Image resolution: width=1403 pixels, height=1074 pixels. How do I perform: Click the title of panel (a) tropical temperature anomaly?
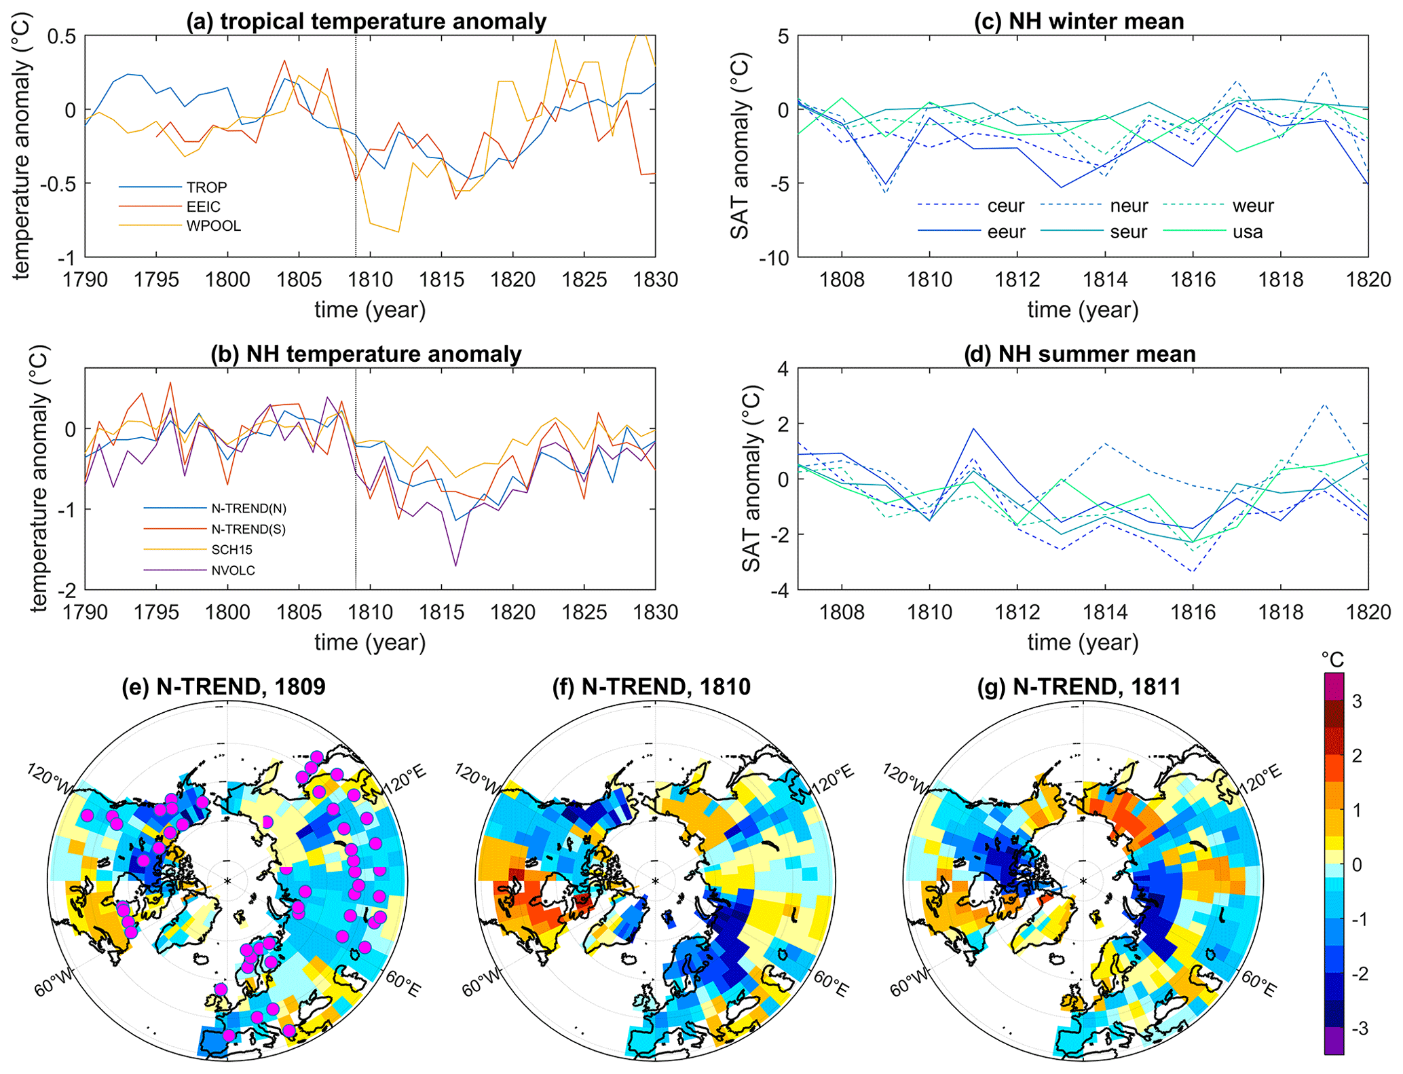click(x=367, y=21)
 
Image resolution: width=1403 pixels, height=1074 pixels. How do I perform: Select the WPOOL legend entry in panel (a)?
click(x=214, y=226)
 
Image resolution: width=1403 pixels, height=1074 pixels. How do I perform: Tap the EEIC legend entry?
click(x=204, y=206)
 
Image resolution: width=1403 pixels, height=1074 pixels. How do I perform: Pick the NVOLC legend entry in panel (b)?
click(x=233, y=570)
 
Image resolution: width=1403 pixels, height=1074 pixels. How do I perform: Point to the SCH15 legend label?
click(x=232, y=549)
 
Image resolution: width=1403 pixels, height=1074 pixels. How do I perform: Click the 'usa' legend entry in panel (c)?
click(x=1248, y=232)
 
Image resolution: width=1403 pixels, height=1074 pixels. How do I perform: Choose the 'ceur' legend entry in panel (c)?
click(x=1006, y=206)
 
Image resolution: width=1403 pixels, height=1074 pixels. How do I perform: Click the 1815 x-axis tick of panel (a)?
click(x=441, y=280)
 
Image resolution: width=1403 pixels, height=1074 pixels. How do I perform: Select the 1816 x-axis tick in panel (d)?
click(x=1193, y=612)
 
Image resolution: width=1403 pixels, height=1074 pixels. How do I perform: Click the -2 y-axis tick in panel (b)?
click(x=69, y=589)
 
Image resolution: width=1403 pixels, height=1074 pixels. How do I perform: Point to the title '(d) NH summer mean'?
click(x=1079, y=354)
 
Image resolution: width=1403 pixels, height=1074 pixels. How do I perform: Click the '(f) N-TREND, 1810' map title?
click(x=651, y=687)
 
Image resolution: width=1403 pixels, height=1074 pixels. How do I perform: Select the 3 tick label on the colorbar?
click(x=1357, y=701)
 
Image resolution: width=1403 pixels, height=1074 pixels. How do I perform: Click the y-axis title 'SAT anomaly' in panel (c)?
click(x=740, y=146)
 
